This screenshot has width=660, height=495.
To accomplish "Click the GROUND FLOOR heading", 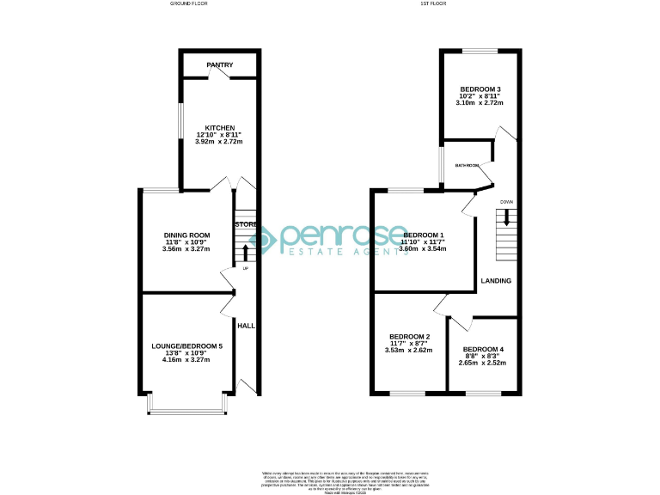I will point(189,4).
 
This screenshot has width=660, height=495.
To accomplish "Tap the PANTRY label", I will point(219,64).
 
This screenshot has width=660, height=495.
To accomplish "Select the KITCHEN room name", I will point(219,127).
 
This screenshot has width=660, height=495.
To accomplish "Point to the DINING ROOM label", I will point(187,235).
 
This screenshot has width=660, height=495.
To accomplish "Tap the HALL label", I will point(247,326).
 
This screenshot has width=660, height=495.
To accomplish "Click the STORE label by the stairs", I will point(247,224).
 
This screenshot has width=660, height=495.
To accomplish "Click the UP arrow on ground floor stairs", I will point(247,251).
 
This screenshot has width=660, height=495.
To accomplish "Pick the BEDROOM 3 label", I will point(480,89).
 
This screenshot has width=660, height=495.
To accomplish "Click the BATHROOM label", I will point(467,165).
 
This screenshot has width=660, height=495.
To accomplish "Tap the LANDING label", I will point(497,281).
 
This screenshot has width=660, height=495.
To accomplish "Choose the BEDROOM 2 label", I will point(409,336).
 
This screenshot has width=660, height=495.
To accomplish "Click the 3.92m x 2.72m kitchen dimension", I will point(219,142).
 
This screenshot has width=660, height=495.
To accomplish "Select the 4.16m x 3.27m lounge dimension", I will point(187,359).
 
